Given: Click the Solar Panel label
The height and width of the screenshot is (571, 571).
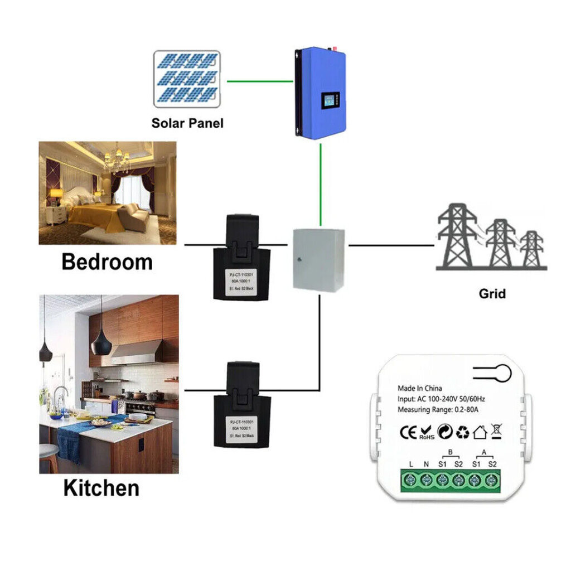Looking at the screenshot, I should coord(187,123).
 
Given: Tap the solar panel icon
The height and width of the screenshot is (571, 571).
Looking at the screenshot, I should coord(187,79).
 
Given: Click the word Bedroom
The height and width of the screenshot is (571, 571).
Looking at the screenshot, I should coord(107,262).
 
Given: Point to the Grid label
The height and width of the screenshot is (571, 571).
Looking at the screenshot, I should coord(492,293).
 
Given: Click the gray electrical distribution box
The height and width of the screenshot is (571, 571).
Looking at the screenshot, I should coord(319,260).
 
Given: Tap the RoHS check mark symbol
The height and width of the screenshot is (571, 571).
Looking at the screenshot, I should coord(427,431).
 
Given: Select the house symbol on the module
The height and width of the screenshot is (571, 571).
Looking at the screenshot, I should coord(480,431).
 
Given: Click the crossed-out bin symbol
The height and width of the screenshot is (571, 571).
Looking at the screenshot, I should coord(496,431).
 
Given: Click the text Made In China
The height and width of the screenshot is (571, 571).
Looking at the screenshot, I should coord(419,388).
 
